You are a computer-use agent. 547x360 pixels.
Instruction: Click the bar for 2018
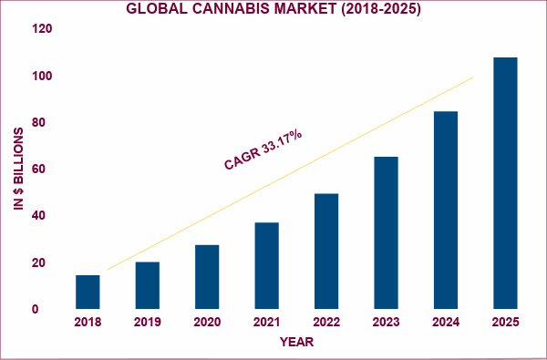click(88, 292)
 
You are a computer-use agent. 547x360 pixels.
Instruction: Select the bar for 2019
click(148, 285)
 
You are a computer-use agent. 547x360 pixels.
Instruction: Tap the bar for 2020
click(207, 277)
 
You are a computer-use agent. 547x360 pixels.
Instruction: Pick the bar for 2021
click(266, 265)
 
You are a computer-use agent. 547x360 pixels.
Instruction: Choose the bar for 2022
click(326, 251)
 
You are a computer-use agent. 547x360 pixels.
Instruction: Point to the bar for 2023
click(386, 232)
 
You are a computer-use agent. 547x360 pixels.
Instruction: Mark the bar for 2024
click(446, 210)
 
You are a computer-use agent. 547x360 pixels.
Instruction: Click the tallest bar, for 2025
click(505, 183)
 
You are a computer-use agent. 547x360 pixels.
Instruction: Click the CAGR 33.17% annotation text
click(263, 149)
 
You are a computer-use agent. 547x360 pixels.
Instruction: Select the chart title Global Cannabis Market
click(273, 10)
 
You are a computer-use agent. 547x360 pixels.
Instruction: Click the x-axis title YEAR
click(296, 343)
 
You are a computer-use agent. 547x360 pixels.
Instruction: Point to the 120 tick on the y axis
click(42, 29)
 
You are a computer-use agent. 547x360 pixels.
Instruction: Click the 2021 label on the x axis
click(266, 324)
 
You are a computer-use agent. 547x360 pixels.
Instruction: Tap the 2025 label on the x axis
click(505, 324)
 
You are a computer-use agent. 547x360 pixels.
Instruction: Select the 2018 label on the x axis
click(88, 324)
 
